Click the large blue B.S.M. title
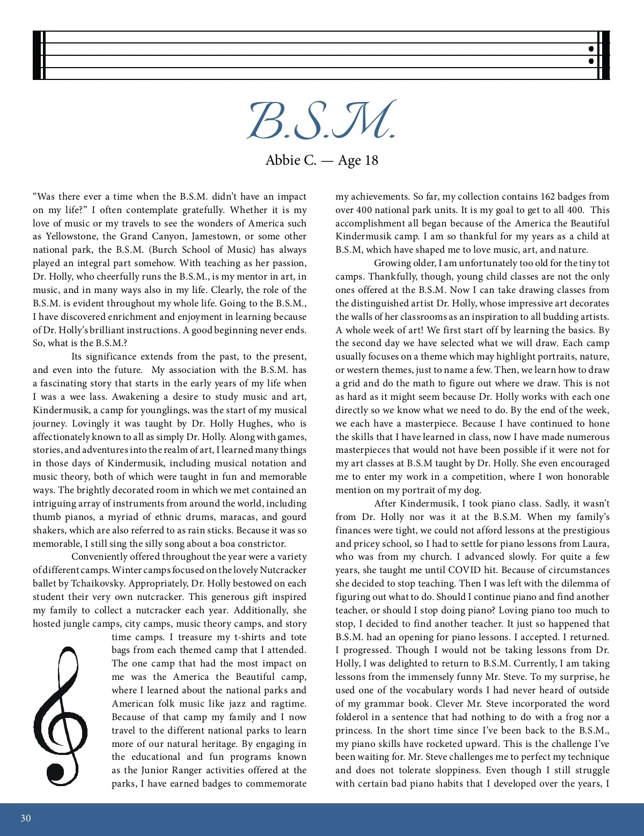321,120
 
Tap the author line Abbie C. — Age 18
321,160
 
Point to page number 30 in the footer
26,818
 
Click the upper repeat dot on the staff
591,49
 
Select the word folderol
354,717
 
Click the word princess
353,730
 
